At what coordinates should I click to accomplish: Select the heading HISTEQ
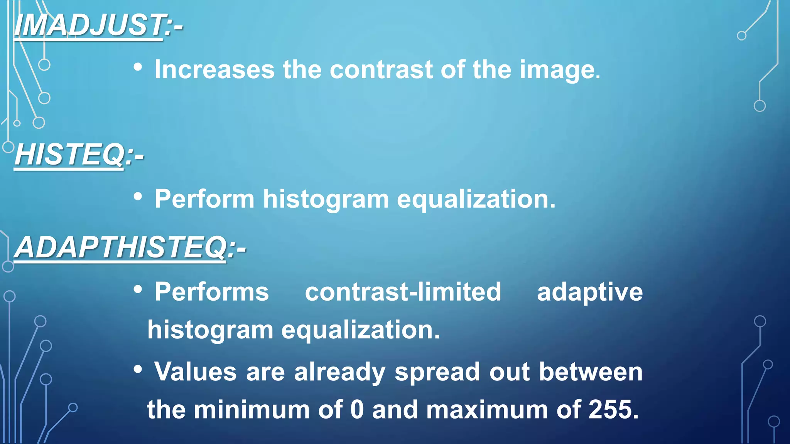click(69, 155)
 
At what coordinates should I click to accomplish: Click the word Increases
click(214, 70)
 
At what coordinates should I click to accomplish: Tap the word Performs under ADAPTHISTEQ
click(212, 292)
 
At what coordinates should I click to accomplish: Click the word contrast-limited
click(403, 292)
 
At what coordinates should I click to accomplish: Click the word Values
click(196, 372)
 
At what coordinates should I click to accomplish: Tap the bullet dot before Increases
click(138, 68)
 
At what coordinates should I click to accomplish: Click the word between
click(591, 372)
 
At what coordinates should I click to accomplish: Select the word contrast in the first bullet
click(381, 70)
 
